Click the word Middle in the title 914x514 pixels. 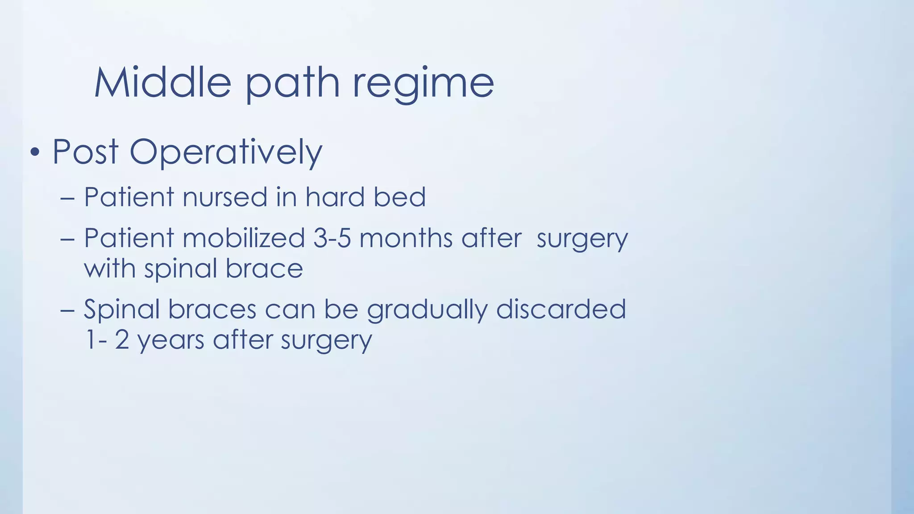pyautogui.click(x=163, y=83)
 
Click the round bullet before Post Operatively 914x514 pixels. pyautogui.click(x=35, y=153)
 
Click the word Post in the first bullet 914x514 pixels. pyautogui.click(x=85, y=152)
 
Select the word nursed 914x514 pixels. pyautogui.click(x=225, y=197)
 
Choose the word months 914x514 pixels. pyautogui.click(x=406, y=238)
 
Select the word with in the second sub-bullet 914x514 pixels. pyautogui.click(x=110, y=269)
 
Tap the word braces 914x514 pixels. pyautogui.click(x=212, y=309)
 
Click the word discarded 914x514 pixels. pyautogui.click(x=561, y=309)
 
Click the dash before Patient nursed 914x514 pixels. pyautogui.click(x=67, y=198)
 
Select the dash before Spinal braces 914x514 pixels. pyautogui.click(x=67, y=310)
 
